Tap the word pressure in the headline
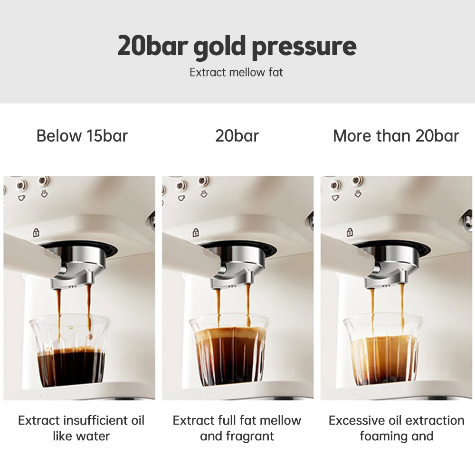[304, 47]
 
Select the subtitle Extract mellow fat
[237, 73]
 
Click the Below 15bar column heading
[82, 136]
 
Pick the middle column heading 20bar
[237, 136]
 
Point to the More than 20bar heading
[396, 136]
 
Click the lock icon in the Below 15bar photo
[36, 233]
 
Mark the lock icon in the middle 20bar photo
[195, 233]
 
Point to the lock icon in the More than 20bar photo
[350, 233]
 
